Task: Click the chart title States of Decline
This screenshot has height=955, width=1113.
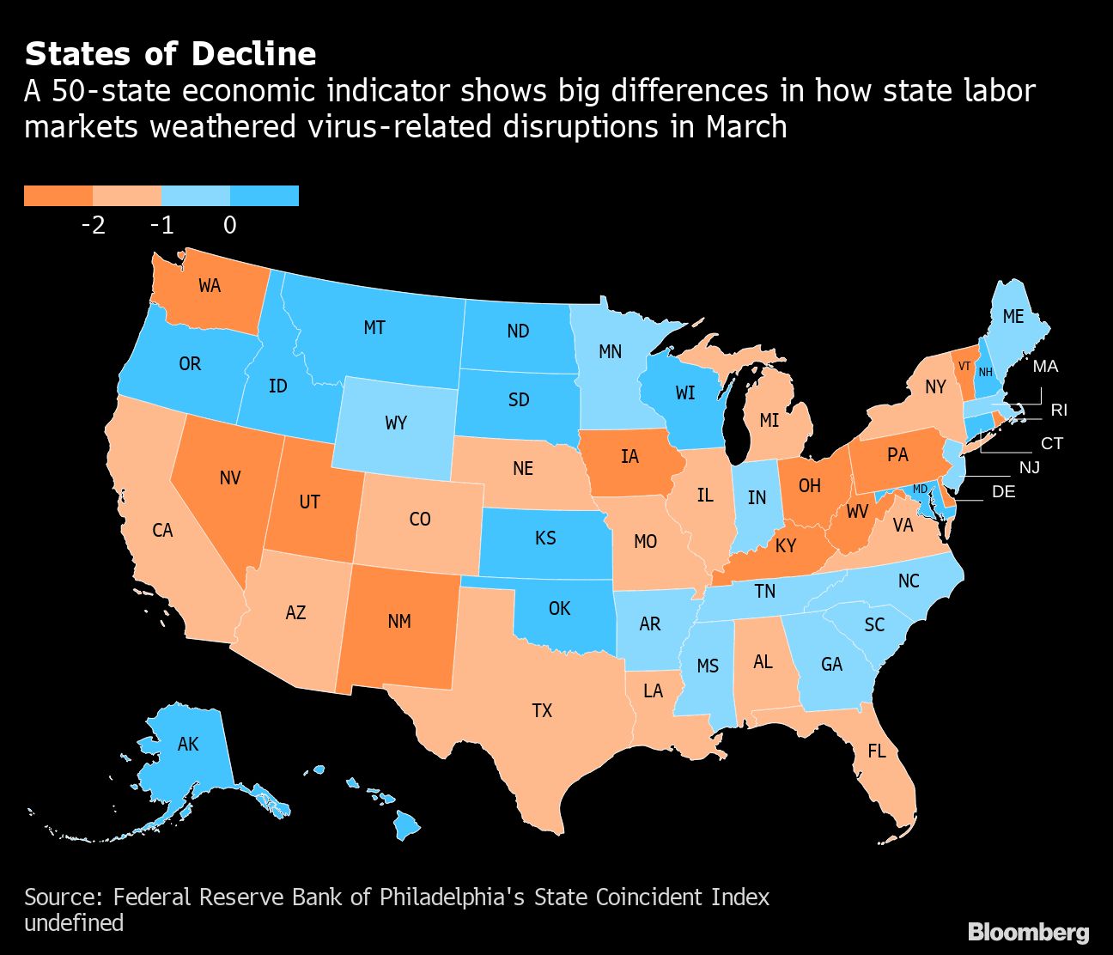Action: click(170, 54)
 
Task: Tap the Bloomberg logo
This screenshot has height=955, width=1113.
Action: click(1028, 933)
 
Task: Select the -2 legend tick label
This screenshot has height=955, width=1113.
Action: click(93, 225)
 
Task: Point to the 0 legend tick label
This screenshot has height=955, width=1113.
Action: click(229, 225)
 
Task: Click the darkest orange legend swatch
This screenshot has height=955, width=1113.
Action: click(58, 196)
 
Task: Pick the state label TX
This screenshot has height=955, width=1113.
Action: click(542, 710)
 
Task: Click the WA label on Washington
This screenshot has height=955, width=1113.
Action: click(210, 286)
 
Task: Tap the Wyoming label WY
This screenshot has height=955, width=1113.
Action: click(396, 423)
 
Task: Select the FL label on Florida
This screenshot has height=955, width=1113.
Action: click(876, 751)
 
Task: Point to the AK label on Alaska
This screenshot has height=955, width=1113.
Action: click(188, 744)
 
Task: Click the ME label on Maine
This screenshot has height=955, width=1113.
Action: click(1013, 317)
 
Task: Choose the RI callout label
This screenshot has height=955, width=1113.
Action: click(1059, 411)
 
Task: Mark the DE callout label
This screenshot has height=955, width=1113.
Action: click(1003, 492)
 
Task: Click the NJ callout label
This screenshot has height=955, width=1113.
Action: click(1029, 468)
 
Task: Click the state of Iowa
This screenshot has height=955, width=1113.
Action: click(631, 464)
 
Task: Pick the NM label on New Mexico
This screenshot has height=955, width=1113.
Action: click(399, 621)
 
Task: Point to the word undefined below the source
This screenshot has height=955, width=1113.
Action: click(74, 923)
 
